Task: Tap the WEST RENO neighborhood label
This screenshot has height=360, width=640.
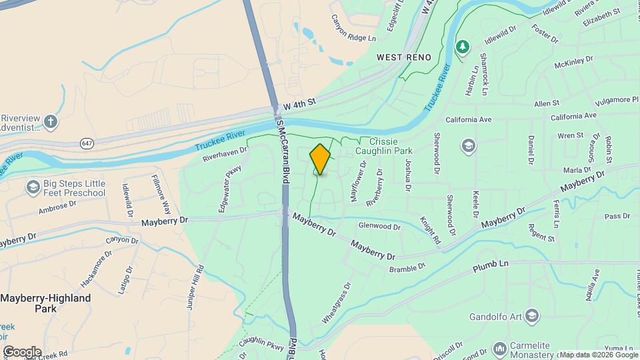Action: click(403, 57)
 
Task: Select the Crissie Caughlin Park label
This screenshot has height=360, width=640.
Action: click(389, 147)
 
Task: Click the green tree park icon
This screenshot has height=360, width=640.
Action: click(461, 47)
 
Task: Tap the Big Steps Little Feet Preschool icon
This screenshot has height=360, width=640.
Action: click(31, 187)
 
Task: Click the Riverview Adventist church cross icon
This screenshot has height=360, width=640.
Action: click(51, 122)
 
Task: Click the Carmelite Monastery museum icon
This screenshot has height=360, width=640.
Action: click(499, 348)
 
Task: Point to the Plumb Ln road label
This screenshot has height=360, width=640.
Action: click(491, 265)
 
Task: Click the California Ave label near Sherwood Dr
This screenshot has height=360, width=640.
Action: click(469, 119)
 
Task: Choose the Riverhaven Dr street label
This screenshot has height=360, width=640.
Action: click(224, 155)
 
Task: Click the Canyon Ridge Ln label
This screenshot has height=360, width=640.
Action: click(353, 29)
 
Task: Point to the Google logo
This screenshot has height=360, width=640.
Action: click(21, 351)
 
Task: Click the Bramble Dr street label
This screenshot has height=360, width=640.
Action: click(407, 268)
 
